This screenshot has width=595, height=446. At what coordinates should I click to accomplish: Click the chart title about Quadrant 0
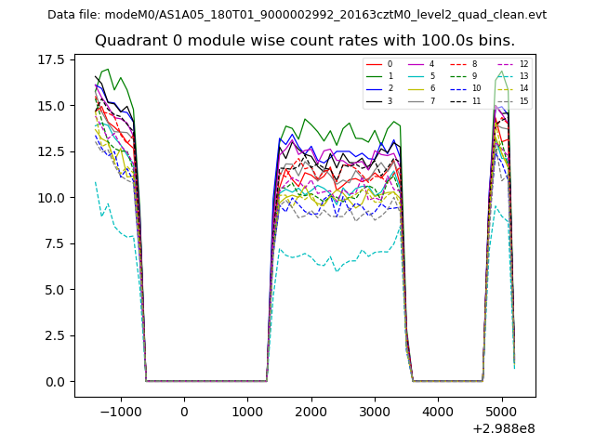pos(304,41)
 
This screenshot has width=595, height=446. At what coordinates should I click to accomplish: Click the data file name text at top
pos(297,15)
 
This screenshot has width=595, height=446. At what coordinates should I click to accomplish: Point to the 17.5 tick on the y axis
pos(52,60)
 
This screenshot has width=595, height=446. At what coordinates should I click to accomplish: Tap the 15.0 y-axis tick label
pos(52,106)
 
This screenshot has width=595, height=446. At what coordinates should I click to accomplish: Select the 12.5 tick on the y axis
pos(52,152)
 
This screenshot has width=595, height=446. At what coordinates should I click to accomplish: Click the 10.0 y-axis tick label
pos(52,198)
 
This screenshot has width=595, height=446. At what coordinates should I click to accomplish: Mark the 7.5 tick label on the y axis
pos(56,244)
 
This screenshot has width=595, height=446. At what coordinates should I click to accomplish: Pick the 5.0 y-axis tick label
pos(56,290)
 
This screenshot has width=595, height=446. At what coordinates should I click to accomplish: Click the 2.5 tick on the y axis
pos(56,336)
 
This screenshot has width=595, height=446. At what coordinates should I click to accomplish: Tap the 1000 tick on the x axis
pos(247,412)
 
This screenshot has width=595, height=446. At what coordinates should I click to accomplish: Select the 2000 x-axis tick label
pos(311,412)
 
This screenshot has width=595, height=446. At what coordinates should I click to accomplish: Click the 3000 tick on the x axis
pos(375,412)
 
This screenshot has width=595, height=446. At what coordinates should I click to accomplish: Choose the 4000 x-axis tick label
pos(438,412)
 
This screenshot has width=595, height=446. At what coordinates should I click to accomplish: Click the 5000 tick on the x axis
pos(502,412)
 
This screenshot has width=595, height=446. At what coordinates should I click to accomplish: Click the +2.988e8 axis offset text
pos(503,428)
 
